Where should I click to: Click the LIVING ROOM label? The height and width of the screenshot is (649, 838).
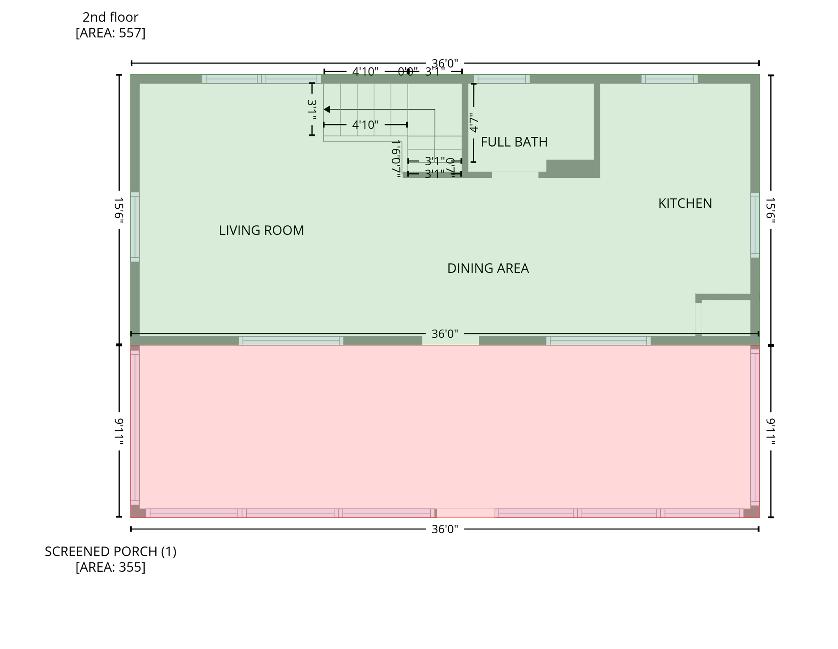pyautogui.click(x=261, y=230)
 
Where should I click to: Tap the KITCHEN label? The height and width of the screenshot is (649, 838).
pyautogui.click(x=684, y=203)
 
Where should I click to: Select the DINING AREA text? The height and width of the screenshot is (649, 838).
pyautogui.click(x=487, y=268)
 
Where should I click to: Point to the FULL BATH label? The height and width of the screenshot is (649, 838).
pyautogui.click(x=514, y=142)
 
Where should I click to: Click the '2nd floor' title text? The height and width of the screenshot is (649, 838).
pyautogui.click(x=110, y=17)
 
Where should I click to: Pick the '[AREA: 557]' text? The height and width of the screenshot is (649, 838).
pyautogui.click(x=110, y=33)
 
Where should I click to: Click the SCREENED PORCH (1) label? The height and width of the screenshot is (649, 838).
pyautogui.click(x=110, y=551)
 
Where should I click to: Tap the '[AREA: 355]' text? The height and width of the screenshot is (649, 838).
pyautogui.click(x=110, y=567)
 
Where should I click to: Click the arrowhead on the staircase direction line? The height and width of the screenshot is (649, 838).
pyautogui.click(x=327, y=109)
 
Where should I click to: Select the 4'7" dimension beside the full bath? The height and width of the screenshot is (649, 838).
pyautogui.click(x=474, y=123)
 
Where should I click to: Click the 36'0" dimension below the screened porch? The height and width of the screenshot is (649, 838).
pyautogui.click(x=444, y=529)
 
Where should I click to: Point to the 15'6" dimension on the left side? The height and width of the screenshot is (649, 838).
pyautogui.click(x=119, y=208)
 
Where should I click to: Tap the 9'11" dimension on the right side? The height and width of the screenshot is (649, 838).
pyautogui.click(x=770, y=431)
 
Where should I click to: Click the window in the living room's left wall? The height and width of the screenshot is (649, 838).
pyautogui.click(x=135, y=227)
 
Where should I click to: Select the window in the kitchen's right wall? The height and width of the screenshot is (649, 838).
pyautogui.click(x=754, y=225)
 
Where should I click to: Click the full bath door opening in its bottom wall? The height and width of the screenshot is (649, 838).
pyautogui.click(x=514, y=175)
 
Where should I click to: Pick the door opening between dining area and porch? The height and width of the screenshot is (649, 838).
pyautogui.click(x=450, y=341)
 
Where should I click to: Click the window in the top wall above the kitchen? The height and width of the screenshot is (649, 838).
pyautogui.click(x=669, y=79)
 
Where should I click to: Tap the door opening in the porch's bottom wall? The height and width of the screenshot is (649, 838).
pyautogui.click(x=465, y=513)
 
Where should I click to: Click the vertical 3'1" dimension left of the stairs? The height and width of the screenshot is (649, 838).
pyautogui.click(x=312, y=109)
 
